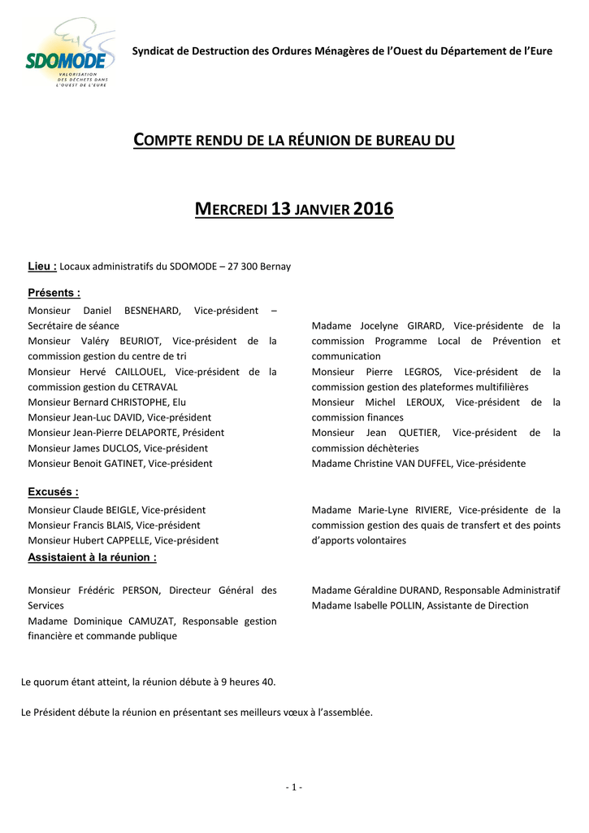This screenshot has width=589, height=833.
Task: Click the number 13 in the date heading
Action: tap(281, 209)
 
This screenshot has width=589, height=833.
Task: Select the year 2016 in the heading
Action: tap(374, 209)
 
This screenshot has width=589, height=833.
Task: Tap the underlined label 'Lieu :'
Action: tap(42, 266)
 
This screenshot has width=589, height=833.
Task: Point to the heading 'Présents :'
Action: tap(54, 293)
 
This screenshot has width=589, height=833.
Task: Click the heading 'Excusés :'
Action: tap(54, 492)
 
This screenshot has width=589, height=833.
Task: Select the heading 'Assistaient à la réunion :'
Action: tap(93, 557)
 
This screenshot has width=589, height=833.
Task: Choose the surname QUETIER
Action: tap(419, 433)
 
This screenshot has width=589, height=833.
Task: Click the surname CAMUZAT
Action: tap(146, 621)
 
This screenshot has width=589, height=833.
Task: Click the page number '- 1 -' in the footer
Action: tap(294, 787)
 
